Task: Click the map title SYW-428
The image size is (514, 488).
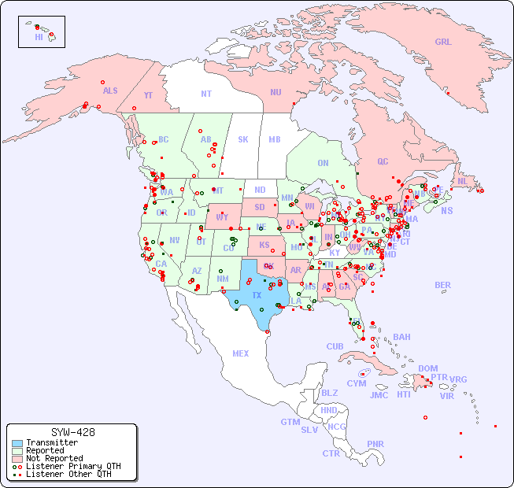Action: click(72, 432)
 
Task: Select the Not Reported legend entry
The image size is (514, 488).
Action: click(54, 458)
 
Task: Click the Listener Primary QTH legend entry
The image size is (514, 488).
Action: click(72, 466)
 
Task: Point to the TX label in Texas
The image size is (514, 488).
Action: click(257, 295)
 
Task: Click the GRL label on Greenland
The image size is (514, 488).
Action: click(443, 42)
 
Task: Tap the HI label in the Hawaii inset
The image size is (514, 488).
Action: click(39, 37)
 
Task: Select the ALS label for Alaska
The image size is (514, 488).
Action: click(110, 91)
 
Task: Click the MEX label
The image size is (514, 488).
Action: click(241, 353)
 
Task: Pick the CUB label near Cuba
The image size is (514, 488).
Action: click(335, 346)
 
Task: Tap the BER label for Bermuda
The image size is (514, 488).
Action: click(443, 285)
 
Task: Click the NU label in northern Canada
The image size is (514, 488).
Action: click(275, 92)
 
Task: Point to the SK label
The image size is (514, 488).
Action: click(243, 139)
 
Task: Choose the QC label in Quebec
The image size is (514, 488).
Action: click(383, 161)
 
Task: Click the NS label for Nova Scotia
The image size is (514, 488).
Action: click(446, 210)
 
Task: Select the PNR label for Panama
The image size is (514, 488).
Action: click(375, 444)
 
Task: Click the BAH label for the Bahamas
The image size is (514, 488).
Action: click(401, 337)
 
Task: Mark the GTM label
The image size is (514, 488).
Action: click(290, 422)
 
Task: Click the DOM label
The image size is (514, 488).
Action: click(427, 368)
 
